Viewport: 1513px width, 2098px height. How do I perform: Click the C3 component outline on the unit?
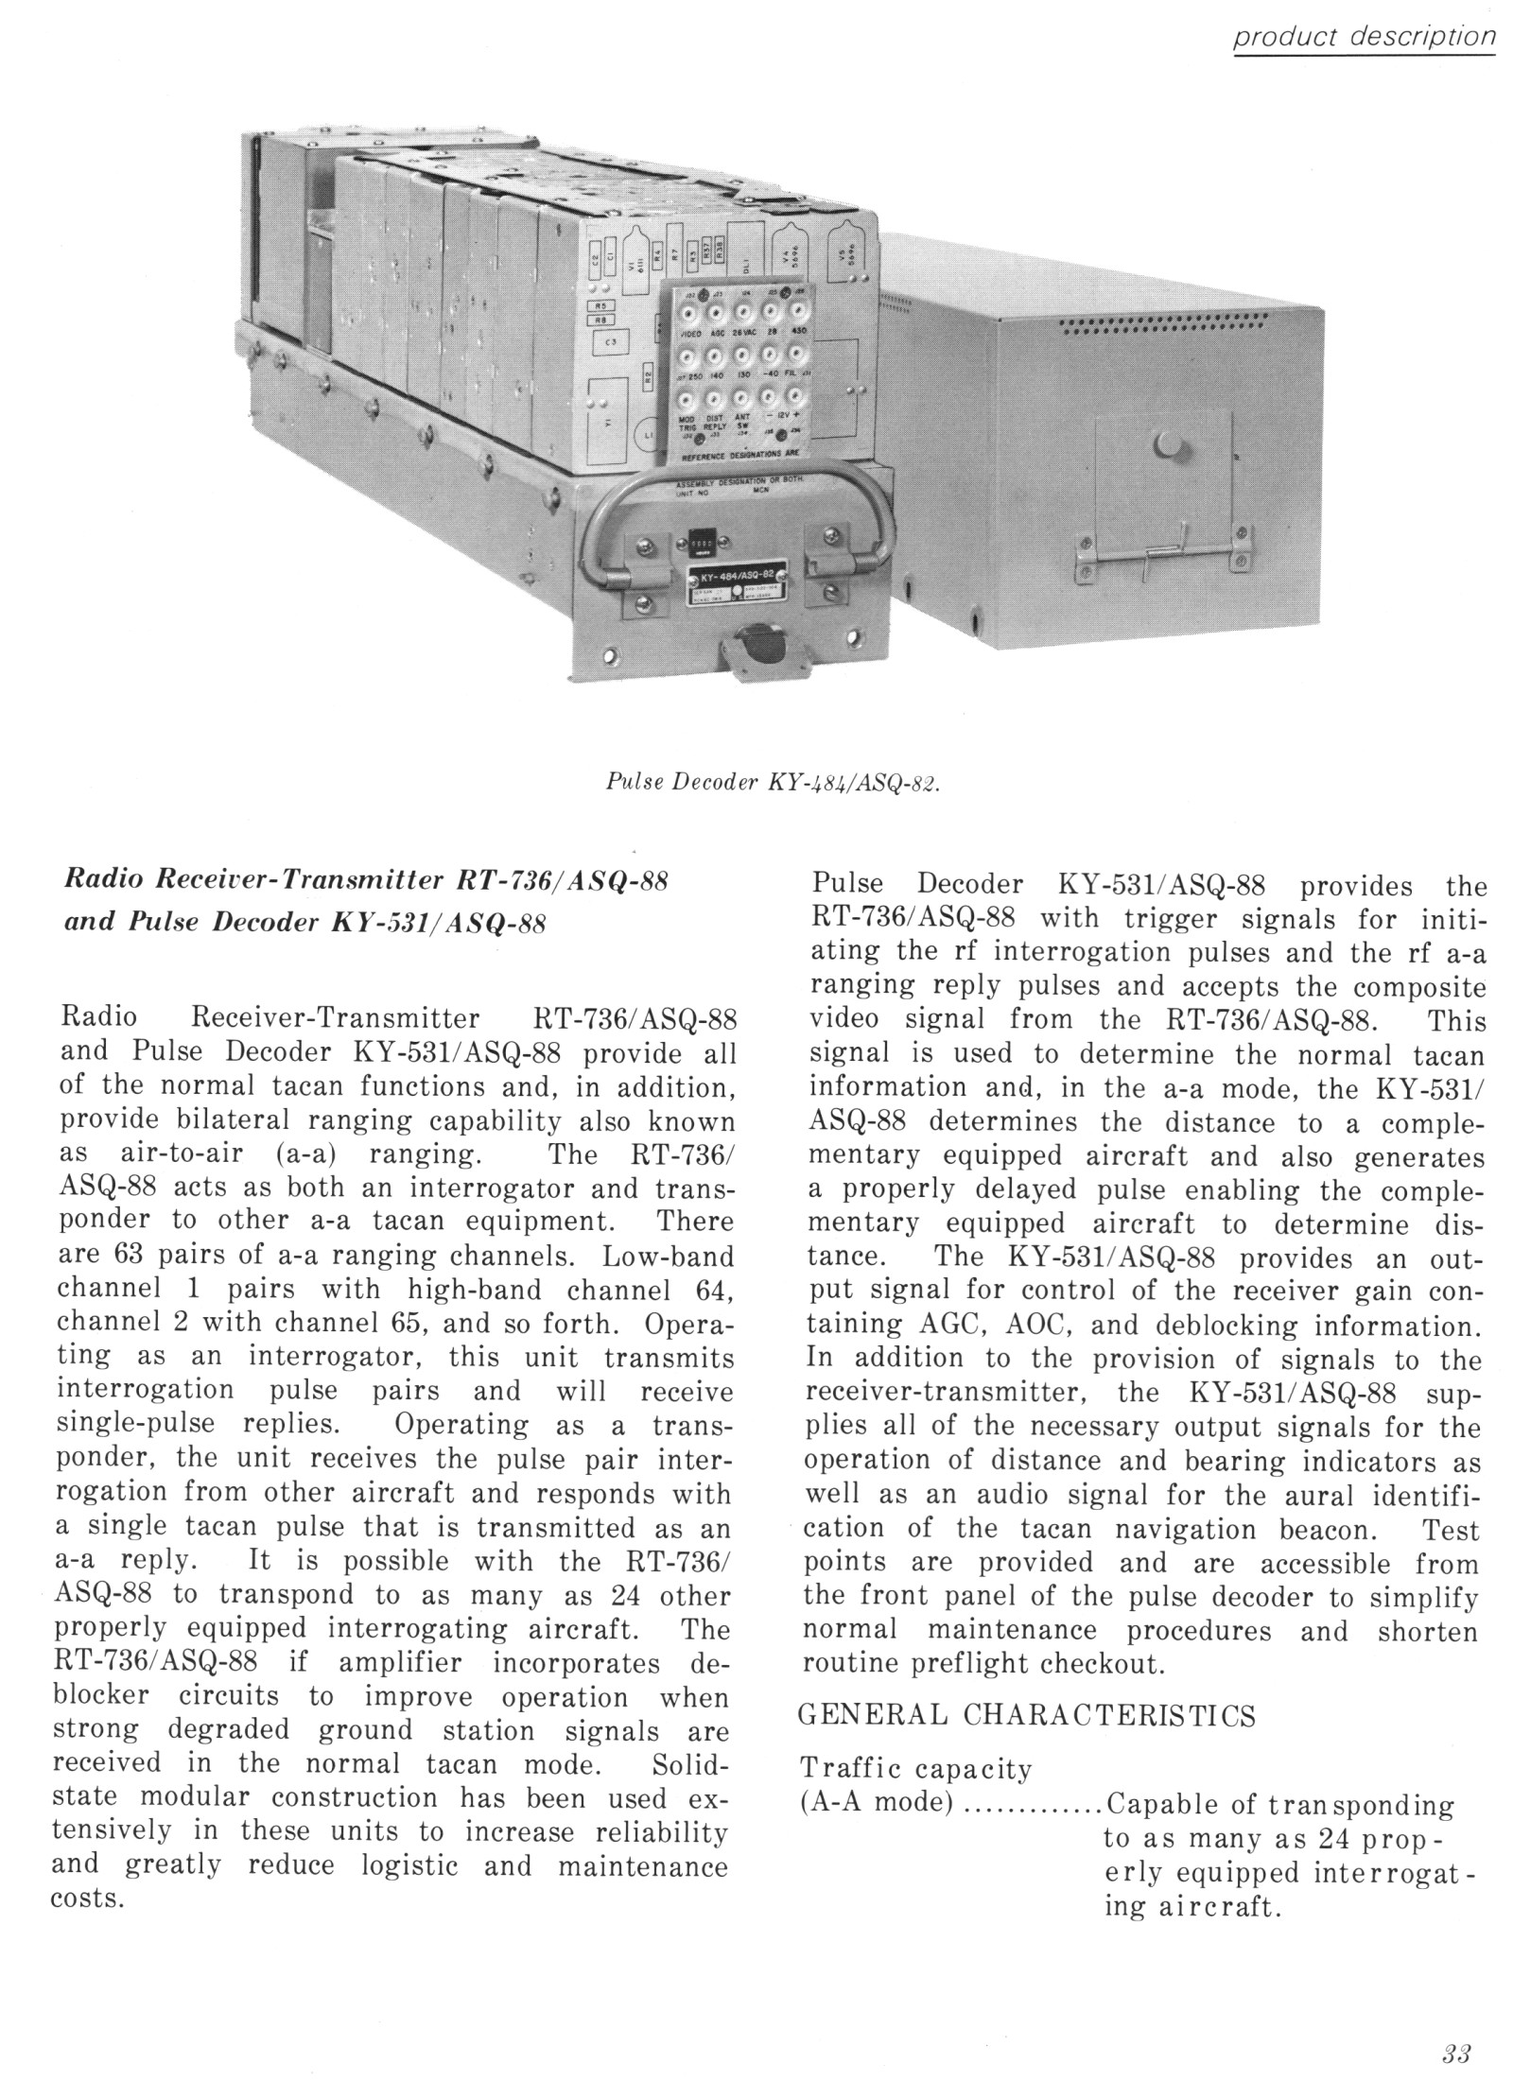[x=608, y=342]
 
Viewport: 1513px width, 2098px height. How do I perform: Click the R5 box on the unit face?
[x=601, y=305]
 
